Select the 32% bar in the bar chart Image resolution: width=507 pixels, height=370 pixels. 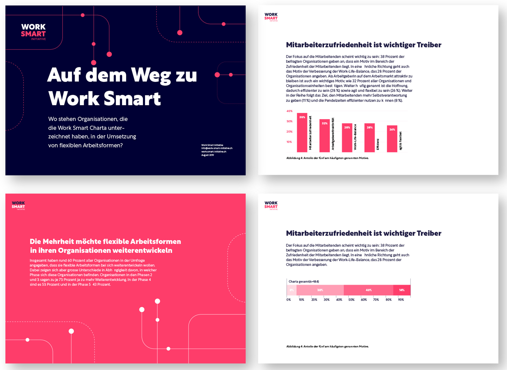[x=325, y=136]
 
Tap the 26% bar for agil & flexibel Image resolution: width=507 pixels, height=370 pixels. [x=392, y=139]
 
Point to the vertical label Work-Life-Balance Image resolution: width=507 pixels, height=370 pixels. [x=355, y=137]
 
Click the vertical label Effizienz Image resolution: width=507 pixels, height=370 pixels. [x=378, y=144]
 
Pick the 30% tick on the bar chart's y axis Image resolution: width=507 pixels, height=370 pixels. [x=289, y=121]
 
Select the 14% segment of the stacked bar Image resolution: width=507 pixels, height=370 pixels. [x=402, y=290]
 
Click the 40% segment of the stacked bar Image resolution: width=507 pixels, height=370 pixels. [x=368, y=290]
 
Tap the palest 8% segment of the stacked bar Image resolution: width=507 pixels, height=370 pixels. [x=292, y=290]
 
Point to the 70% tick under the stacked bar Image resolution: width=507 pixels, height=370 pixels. [x=376, y=300]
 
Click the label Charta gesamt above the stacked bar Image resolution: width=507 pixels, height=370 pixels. [x=304, y=282]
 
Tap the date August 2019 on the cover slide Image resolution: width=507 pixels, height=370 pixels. [x=208, y=155]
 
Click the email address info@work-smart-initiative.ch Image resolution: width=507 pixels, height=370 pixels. [x=217, y=148]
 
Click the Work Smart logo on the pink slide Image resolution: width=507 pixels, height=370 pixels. [x=18, y=205]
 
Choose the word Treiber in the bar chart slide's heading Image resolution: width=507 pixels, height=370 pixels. [x=429, y=45]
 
